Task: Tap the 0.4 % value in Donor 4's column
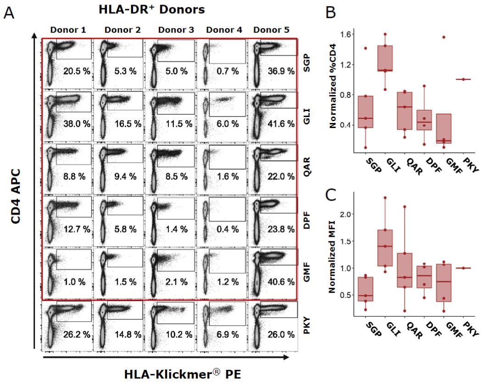[228, 229]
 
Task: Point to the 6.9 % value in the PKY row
[228, 335]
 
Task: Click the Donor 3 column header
[176, 30]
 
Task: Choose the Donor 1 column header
[68, 30]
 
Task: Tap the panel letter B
[330, 12]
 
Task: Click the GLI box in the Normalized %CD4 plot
[385, 58]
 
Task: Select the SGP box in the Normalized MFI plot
[365, 289]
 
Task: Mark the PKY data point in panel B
[463, 79]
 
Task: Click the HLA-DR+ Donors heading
[152, 10]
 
